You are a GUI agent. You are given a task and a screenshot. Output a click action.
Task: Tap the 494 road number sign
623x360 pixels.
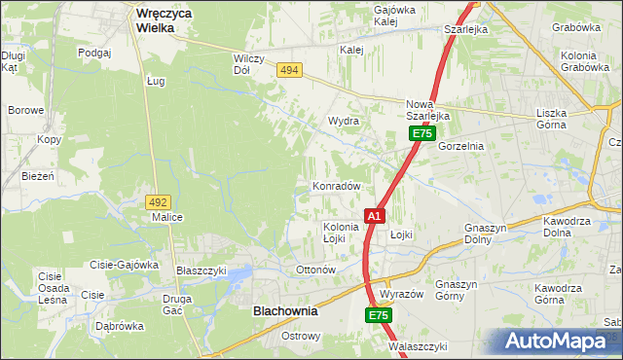tap(288, 70)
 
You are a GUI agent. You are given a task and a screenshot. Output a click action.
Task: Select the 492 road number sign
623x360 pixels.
tap(158, 201)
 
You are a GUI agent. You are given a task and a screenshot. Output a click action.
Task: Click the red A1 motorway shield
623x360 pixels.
tap(375, 215)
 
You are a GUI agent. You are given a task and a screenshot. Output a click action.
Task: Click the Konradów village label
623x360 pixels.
tap(337, 185)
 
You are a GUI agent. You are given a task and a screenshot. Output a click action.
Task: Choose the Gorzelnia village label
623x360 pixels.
tap(460, 145)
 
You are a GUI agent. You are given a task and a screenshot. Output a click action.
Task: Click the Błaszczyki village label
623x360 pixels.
tap(201, 270)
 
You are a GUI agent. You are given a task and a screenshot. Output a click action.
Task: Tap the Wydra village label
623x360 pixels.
tap(344, 121)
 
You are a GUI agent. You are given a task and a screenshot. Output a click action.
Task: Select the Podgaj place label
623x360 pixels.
tap(95, 53)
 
